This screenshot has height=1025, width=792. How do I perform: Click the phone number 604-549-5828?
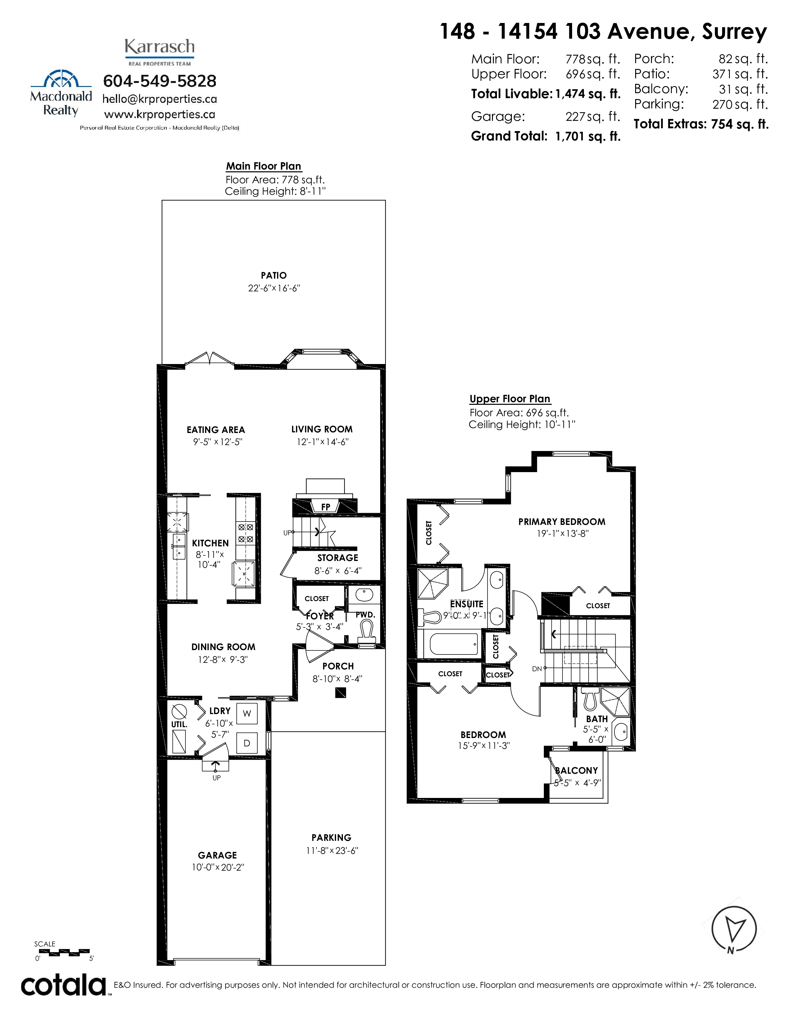click(160, 81)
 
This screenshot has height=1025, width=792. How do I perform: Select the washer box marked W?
click(247, 714)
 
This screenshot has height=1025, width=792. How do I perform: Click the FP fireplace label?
click(325, 507)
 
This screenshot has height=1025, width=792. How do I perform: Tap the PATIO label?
click(274, 276)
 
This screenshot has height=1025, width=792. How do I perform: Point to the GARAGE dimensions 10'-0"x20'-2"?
click(218, 867)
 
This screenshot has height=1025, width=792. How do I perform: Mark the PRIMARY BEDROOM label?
click(562, 522)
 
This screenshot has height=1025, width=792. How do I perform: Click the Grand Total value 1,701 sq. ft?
click(588, 137)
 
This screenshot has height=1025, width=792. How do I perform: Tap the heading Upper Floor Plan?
click(510, 399)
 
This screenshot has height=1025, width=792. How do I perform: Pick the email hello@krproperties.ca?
click(160, 99)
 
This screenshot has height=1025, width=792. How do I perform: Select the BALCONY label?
click(577, 771)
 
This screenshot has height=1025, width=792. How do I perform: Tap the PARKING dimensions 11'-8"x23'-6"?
click(332, 850)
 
